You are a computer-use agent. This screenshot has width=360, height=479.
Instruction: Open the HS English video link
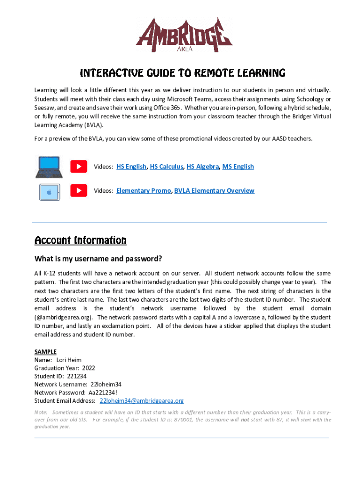click(x=131, y=167)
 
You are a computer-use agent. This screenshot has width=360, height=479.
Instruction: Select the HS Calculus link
click(x=166, y=167)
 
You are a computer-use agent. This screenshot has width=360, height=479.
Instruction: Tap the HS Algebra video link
click(x=202, y=167)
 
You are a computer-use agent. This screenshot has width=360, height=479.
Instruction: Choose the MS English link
click(x=238, y=167)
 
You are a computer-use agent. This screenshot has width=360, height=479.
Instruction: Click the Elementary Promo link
click(x=144, y=190)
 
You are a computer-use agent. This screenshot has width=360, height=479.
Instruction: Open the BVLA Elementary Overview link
click(x=214, y=190)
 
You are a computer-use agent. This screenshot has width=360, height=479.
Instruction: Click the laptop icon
click(x=49, y=167)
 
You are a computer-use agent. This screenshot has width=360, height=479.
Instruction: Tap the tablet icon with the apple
click(x=49, y=191)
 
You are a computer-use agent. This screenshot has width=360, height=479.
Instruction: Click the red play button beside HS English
click(x=79, y=167)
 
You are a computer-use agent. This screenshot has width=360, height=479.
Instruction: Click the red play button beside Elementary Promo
click(x=79, y=190)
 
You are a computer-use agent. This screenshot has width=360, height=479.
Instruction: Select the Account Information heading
click(x=80, y=240)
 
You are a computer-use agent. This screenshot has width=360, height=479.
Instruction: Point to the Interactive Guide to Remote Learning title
click(x=182, y=73)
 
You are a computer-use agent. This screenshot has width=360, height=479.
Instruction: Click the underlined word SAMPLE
click(x=45, y=351)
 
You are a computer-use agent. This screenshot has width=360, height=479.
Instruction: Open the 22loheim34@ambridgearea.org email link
click(x=142, y=401)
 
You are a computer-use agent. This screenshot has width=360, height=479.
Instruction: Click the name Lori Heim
click(x=69, y=360)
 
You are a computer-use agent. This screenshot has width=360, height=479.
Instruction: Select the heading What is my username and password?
click(x=98, y=259)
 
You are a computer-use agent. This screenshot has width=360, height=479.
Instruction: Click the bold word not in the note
click(x=245, y=420)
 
